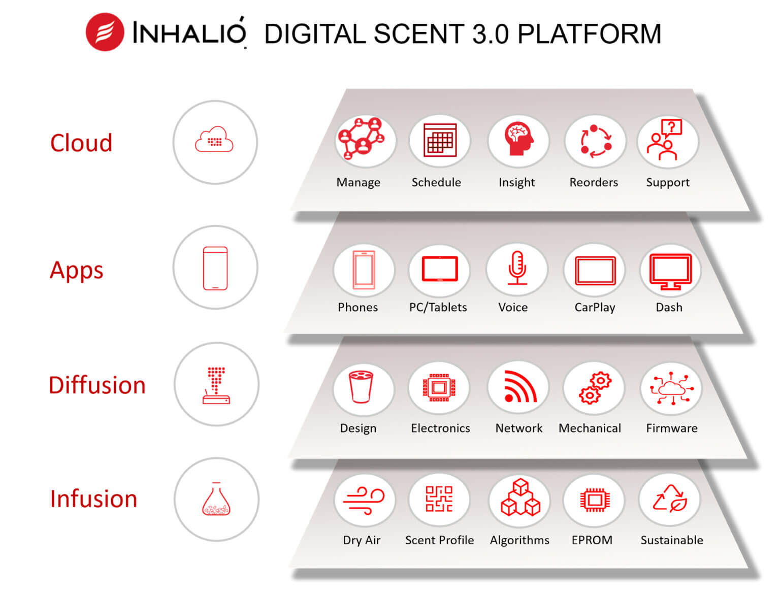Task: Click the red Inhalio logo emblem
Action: tap(105, 32)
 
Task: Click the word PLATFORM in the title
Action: tap(589, 34)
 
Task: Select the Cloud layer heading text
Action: tap(81, 143)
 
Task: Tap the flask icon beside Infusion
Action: tap(216, 500)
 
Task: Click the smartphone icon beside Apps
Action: tap(215, 268)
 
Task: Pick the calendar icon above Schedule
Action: tap(440, 141)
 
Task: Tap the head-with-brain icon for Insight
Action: tap(518, 141)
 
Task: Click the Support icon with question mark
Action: tap(667, 141)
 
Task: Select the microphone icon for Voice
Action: tap(517, 269)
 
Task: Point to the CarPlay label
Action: tap(595, 307)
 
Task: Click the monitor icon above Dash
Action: tap(671, 271)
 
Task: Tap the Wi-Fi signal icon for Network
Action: tap(519, 387)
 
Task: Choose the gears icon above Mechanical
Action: tap(595, 388)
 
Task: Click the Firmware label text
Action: tap(671, 428)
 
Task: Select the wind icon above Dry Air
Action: tap(364, 501)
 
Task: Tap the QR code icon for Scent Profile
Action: tap(439, 499)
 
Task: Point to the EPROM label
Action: tap(592, 540)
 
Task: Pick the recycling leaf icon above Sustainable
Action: tap(670, 499)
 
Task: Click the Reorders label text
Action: tap(594, 182)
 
